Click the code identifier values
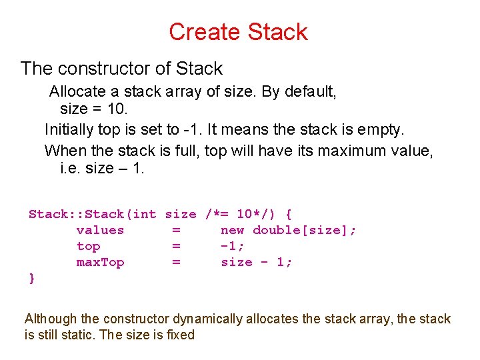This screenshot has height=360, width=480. pos(100,230)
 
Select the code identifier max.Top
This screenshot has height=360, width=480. pos(100,262)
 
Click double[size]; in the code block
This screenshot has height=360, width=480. pos(305,230)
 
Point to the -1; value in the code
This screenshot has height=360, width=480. pos(233,246)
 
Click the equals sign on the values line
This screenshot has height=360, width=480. pos(176,230)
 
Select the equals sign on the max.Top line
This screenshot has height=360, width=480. pos(176,262)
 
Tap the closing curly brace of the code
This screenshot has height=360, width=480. pos(32,278)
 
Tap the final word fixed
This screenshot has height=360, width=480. pos(180,335)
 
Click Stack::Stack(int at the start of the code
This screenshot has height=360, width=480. pos(92,214)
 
